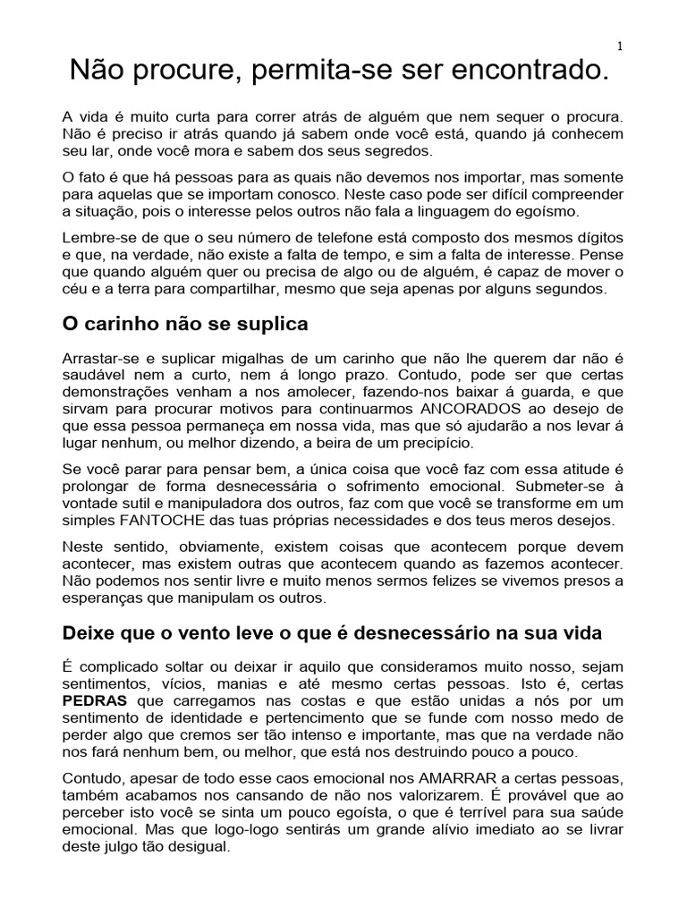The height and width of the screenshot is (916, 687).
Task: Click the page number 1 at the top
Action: (619, 47)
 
